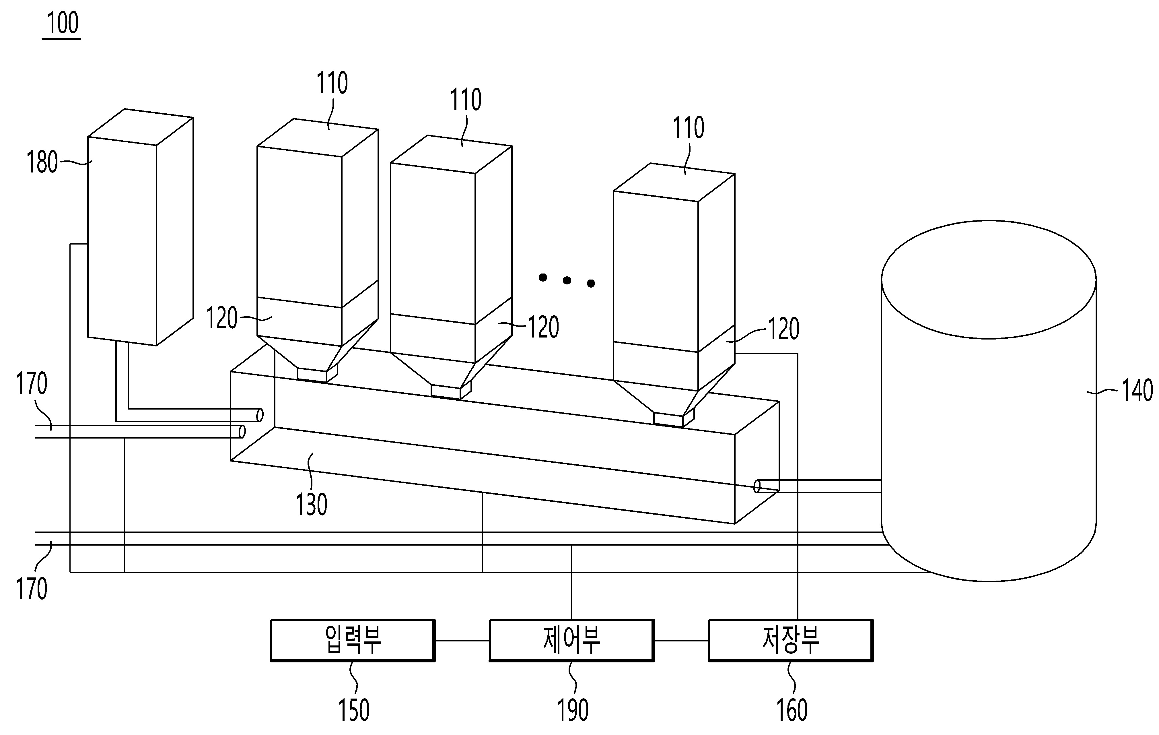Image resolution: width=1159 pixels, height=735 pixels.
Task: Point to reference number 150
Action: [x=354, y=710]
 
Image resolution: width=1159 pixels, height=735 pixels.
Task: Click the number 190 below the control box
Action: [x=573, y=710]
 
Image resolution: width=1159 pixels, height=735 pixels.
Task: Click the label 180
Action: [x=42, y=162]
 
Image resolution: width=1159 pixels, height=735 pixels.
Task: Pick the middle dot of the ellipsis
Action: [x=567, y=280]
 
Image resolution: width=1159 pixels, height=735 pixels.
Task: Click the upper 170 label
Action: [x=32, y=384]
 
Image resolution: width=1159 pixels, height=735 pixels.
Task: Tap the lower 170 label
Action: [x=32, y=589]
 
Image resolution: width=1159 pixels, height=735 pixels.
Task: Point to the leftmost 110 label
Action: [x=332, y=83]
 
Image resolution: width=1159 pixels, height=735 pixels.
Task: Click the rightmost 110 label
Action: [x=689, y=128]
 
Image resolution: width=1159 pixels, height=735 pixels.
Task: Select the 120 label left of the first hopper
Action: [x=222, y=318]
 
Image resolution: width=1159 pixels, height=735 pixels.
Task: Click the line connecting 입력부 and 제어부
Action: [x=462, y=641]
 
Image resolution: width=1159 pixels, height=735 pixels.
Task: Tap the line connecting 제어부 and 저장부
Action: [x=681, y=641]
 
